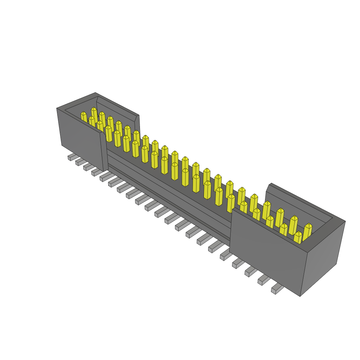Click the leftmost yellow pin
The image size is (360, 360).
pyautogui.click(x=84, y=117)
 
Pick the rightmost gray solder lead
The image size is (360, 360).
pyautogui.click(x=277, y=289)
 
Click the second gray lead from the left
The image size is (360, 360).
pyautogui.click(x=80, y=162)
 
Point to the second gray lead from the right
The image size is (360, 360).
pyautogui.click(x=264, y=280)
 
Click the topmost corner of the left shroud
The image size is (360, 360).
pyautogui.click(x=96, y=93)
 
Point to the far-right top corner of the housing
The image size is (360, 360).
pyautogui.click(x=345, y=221)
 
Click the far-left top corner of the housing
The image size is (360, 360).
pyautogui.click(x=57, y=108)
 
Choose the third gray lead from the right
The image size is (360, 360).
pyautogui.click(x=251, y=271)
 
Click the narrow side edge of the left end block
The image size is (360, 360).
pyautogui.click(x=104, y=151)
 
